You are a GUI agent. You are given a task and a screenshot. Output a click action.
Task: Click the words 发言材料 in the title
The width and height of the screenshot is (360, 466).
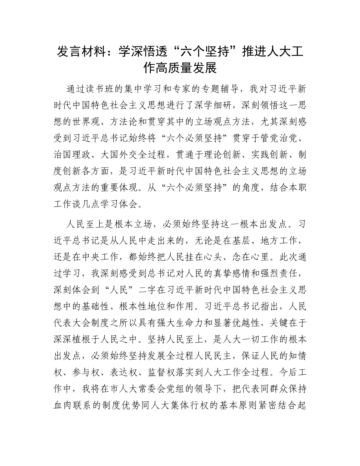point(81,52)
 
